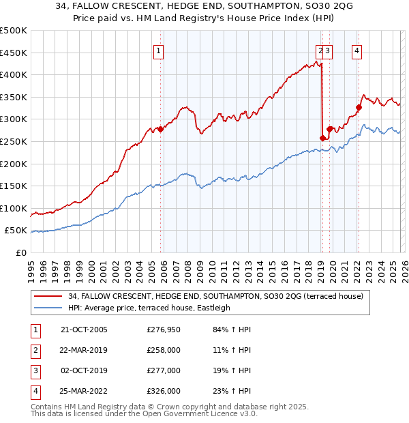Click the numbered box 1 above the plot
click(x=158, y=50)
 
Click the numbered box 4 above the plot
click(x=357, y=50)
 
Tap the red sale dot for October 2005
click(x=161, y=129)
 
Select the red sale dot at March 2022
click(x=359, y=107)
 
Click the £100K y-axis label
click(x=14, y=208)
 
